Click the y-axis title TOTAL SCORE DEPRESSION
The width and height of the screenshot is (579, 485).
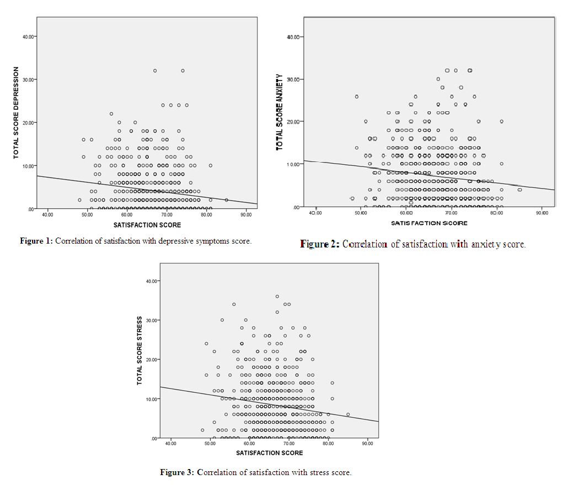(16, 113)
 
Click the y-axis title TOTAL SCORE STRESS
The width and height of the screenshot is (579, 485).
(140, 351)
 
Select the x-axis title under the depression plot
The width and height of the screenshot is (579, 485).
(147, 225)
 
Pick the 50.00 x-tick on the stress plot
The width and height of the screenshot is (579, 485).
(210, 443)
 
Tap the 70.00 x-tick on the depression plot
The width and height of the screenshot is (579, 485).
(166, 214)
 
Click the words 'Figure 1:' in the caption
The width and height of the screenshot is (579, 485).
(36, 241)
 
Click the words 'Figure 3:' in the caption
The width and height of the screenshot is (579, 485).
(177, 472)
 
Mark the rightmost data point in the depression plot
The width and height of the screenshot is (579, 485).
(227, 200)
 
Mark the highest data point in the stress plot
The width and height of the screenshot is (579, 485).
(277, 297)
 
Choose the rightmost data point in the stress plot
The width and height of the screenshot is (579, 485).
(348, 414)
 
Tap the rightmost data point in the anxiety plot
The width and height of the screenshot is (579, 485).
(519, 190)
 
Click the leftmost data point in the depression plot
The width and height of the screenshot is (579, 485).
(79, 200)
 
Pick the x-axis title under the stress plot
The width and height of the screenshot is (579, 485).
(270, 453)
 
